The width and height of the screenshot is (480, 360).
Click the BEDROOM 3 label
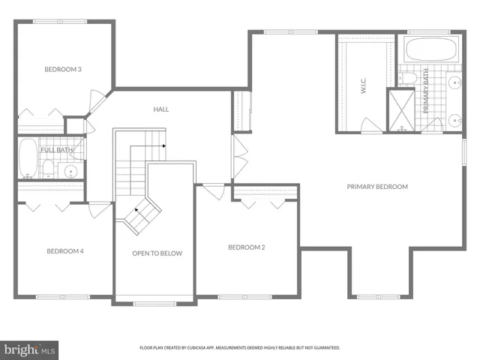[x=63, y=70]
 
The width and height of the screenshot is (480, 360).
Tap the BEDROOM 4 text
[x=64, y=250]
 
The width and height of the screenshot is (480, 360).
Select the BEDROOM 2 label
[x=247, y=247]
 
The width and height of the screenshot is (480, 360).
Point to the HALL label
[x=161, y=109]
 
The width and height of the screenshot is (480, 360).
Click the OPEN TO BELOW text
[x=157, y=253]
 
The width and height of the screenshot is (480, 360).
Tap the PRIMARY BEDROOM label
[x=377, y=187]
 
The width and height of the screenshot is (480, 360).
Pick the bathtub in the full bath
[x=27, y=157]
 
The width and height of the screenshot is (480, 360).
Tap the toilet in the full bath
[x=47, y=168]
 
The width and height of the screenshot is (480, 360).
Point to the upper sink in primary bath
[x=454, y=83]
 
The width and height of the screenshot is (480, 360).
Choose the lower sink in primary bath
[x=454, y=118]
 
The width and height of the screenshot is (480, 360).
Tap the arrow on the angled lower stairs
[x=136, y=211]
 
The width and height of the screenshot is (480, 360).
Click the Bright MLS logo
[x=30, y=349]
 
